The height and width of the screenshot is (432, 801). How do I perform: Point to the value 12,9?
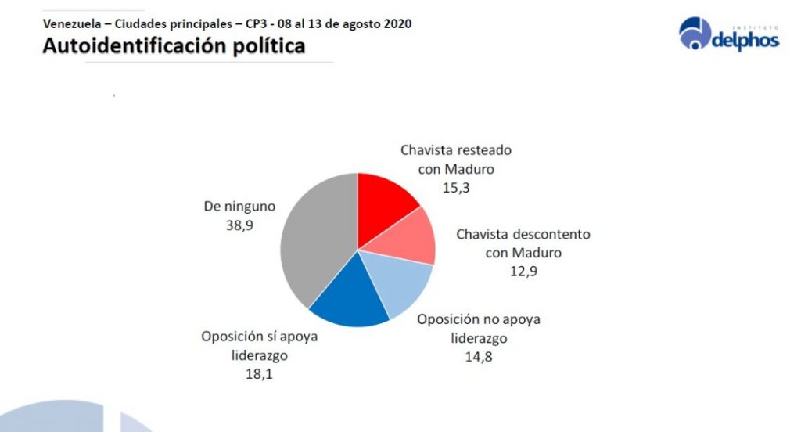[523, 272]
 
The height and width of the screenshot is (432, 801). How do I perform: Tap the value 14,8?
[478, 358]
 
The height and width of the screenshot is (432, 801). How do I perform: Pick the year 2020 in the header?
[397, 23]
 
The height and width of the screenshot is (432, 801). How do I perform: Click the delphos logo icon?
[694, 34]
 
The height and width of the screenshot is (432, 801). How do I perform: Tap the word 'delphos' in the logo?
[745, 40]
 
